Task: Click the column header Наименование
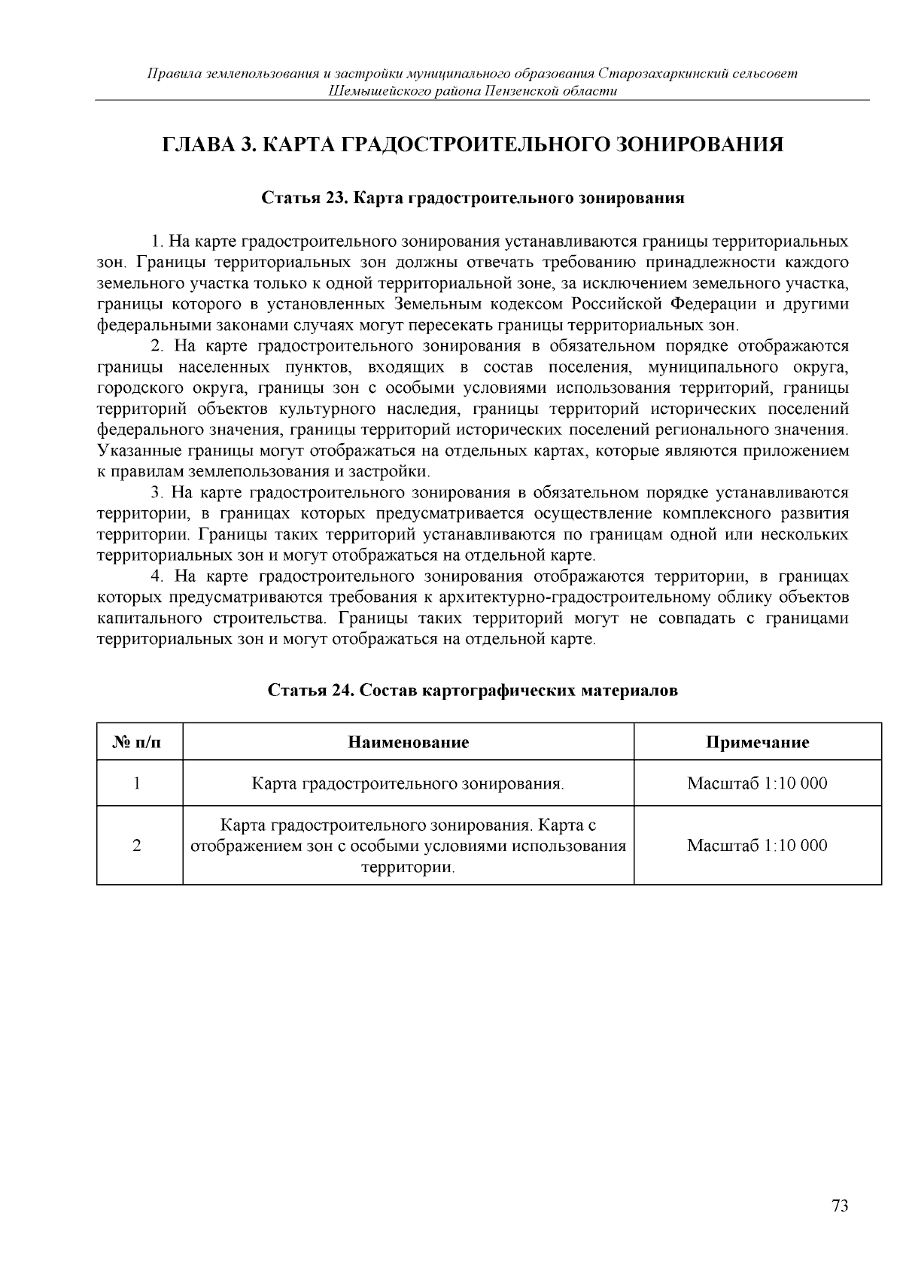click(x=408, y=742)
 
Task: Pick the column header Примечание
click(x=757, y=742)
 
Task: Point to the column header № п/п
click(x=137, y=742)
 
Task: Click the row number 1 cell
click(x=137, y=783)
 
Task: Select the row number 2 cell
click(x=137, y=845)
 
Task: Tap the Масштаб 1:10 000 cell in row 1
click(x=757, y=783)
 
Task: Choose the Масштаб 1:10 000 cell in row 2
click(x=757, y=845)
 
